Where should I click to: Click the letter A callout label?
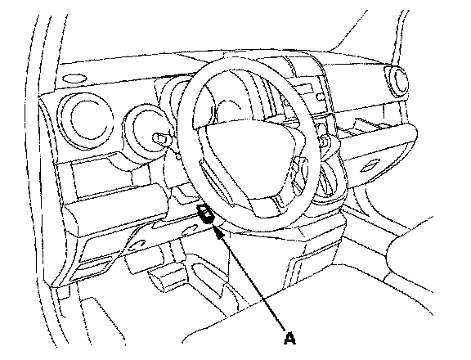(289, 339)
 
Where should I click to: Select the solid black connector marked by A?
(206, 214)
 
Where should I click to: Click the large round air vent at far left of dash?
(86, 123)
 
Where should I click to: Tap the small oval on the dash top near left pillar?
(74, 79)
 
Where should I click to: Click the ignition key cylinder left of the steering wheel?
(162, 137)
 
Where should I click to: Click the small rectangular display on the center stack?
(304, 89)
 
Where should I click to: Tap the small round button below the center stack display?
(321, 97)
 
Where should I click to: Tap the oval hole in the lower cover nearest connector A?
(189, 230)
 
